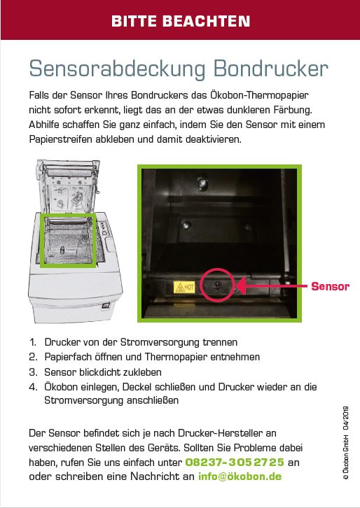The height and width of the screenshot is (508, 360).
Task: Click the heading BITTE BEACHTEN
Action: (x=181, y=22)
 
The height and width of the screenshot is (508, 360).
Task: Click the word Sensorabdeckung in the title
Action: (x=118, y=69)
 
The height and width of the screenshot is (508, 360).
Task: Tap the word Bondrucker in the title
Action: (x=271, y=69)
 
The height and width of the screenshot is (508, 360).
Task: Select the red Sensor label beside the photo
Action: (x=330, y=286)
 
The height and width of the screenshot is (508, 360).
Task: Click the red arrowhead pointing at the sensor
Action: (x=242, y=285)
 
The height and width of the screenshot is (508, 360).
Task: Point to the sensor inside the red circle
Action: (x=218, y=285)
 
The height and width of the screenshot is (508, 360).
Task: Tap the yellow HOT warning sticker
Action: (x=184, y=287)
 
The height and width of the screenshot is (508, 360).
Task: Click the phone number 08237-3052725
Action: (x=235, y=462)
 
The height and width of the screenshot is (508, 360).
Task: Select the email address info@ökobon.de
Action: (x=240, y=477)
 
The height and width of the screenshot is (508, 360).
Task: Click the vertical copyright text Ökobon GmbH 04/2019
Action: (x=346, y=442)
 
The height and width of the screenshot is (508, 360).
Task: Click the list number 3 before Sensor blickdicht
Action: (x=33, y=372)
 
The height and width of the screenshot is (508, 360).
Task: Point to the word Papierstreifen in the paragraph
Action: (x=61, y=139)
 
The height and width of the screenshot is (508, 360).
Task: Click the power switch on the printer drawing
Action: (x=106, y=305)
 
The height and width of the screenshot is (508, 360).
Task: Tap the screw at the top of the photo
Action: (x=202, y=183)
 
